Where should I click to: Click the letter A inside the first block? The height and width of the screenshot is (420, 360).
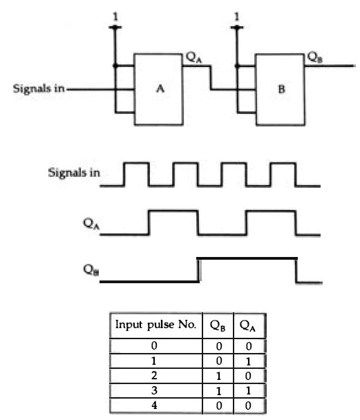click(160, 88)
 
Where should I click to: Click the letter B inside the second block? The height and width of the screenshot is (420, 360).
click(281, 89)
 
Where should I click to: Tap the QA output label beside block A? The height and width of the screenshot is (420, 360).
click(193, 57)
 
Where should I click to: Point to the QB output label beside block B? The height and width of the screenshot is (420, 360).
click(314, 57)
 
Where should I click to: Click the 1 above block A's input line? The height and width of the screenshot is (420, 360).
click(115, 17)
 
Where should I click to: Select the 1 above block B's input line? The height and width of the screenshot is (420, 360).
click(236, 17)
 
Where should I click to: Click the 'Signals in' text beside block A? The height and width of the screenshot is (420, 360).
click(39, 88)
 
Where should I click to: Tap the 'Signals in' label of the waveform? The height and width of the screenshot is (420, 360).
click(74, 173)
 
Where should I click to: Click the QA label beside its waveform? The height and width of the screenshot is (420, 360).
click(91, 224)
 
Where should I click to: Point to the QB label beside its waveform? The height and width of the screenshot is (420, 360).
click(91, 269)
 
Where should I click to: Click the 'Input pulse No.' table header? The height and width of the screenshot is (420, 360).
click(155, 325)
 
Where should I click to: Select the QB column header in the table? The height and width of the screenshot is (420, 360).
click(218, 326)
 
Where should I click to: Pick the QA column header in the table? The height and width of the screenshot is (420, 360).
click(247, 326)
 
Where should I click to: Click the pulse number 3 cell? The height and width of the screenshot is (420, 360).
click(154, 390)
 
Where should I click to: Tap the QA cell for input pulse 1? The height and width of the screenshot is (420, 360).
click(248, 361)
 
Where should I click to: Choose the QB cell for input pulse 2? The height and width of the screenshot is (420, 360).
click(218, 376)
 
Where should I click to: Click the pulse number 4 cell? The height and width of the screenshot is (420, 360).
click(154, 405)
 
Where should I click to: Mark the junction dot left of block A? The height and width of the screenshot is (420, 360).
click(115, 66)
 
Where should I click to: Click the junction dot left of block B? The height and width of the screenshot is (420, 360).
click(237, 66)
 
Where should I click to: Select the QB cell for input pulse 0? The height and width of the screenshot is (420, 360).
click(219, 346)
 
